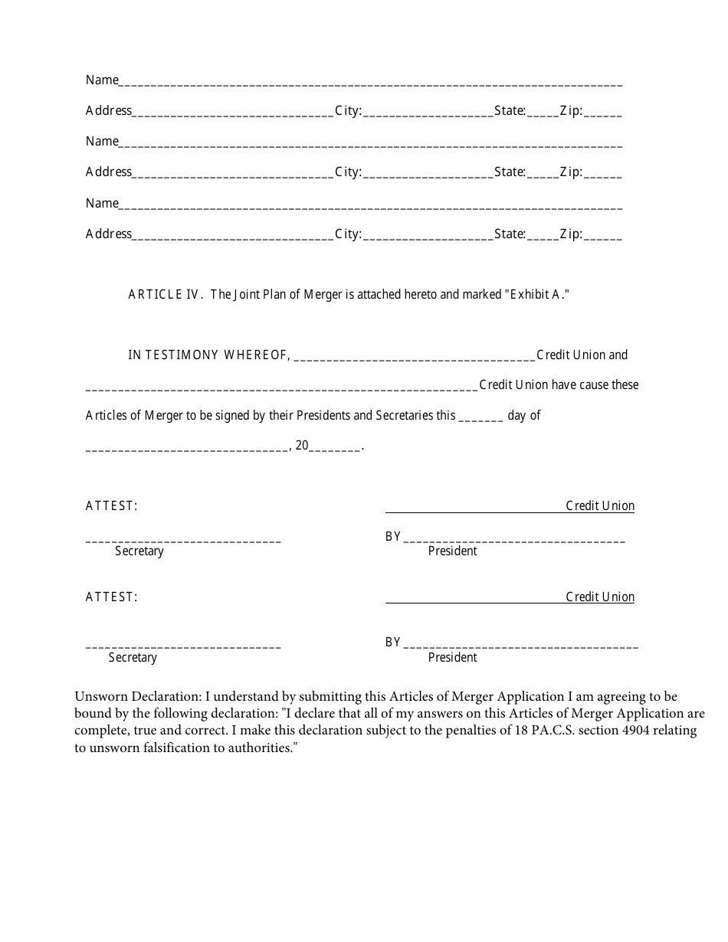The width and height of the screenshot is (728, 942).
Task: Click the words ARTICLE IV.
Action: [165, 294]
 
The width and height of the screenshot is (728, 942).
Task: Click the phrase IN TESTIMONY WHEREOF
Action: [208, 355]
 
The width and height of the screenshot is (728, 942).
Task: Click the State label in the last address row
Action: [510, 234]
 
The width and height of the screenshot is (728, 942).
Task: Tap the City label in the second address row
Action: [348, 172]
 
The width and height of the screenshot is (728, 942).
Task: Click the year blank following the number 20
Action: [334, 447]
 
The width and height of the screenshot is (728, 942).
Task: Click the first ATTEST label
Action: [112, 505]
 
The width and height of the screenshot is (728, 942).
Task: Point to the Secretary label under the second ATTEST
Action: [133, 657]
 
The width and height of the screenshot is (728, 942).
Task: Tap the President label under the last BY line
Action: [452, 657]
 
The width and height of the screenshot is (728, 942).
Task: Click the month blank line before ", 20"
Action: [186, 447]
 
